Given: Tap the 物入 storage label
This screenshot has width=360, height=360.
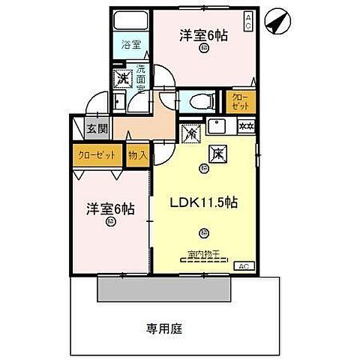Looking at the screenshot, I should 137,155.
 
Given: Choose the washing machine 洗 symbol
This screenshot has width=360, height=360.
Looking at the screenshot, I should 121,77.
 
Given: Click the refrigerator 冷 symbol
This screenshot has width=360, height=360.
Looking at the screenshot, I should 190,134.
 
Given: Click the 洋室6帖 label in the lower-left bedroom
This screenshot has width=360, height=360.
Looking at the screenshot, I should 109,209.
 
